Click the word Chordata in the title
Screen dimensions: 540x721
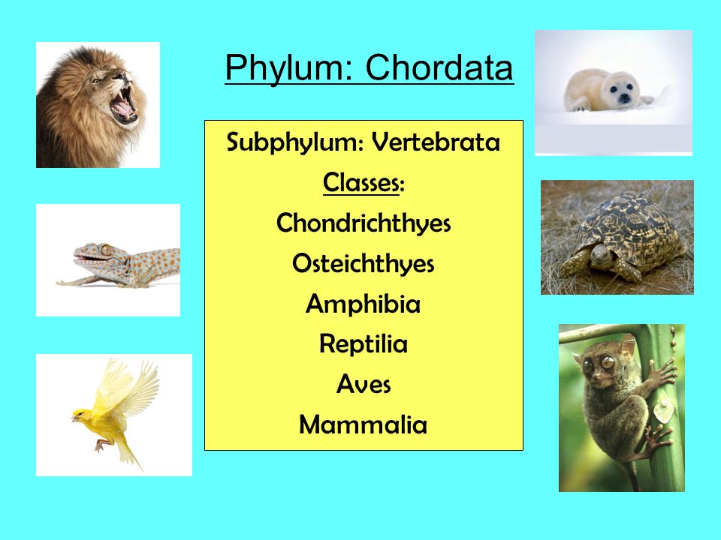[x=439, y=69]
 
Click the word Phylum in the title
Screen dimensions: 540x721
[x=289, y=69]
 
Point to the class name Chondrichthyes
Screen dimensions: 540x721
[x=364, y=223]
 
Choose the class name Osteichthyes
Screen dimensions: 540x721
[x=364, y=264]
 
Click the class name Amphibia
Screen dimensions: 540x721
[x=364, y=304]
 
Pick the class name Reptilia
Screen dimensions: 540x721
[x=364, y=345]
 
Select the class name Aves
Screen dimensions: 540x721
[x=364, y=385]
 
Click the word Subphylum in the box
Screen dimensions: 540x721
[x=294, y=142]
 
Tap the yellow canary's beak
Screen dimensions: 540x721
[x=74, y=417]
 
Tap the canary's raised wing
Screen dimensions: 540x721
[x=135, y=386]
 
